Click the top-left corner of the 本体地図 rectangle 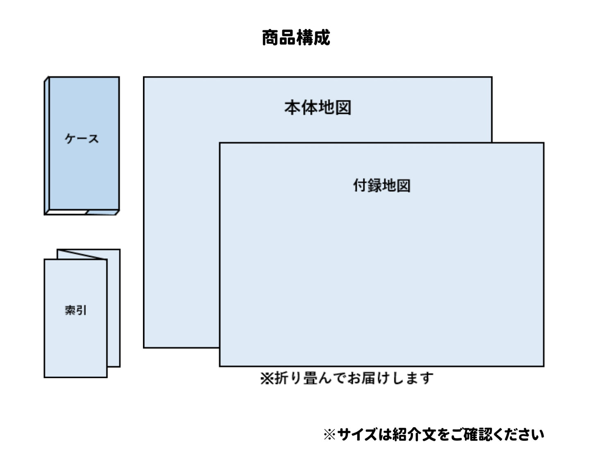pyautogui.click(x=144, y=77)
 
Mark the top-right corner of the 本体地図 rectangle pyautogui.click(x=492, y=77)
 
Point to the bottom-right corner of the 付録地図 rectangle pyautogui.click(x=544, y=366)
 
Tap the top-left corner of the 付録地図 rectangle pyautogui.click(x=220, y=143)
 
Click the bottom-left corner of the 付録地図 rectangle pyautogui.click(x=220, y=366)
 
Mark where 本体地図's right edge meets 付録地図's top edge pyautogui.click(x=492, y=143)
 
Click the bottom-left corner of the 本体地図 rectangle pyautogui.click(x=144, y=348)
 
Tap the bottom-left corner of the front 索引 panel pyautogui.click(x=45, y=377)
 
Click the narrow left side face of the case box pyautogui.click(x=47, y=146)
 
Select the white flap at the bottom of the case pyautogui.click(x=66, y=212)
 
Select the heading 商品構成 pyautogui.click(x=296, y=38)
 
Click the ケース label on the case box pyautogui.click(x=82, y=139)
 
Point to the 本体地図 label pyautogui.click(x=318, y=108)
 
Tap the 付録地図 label pyautogui.click(x=382, y=185)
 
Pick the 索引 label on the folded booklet pyautogui.click(x=76, y=311)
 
